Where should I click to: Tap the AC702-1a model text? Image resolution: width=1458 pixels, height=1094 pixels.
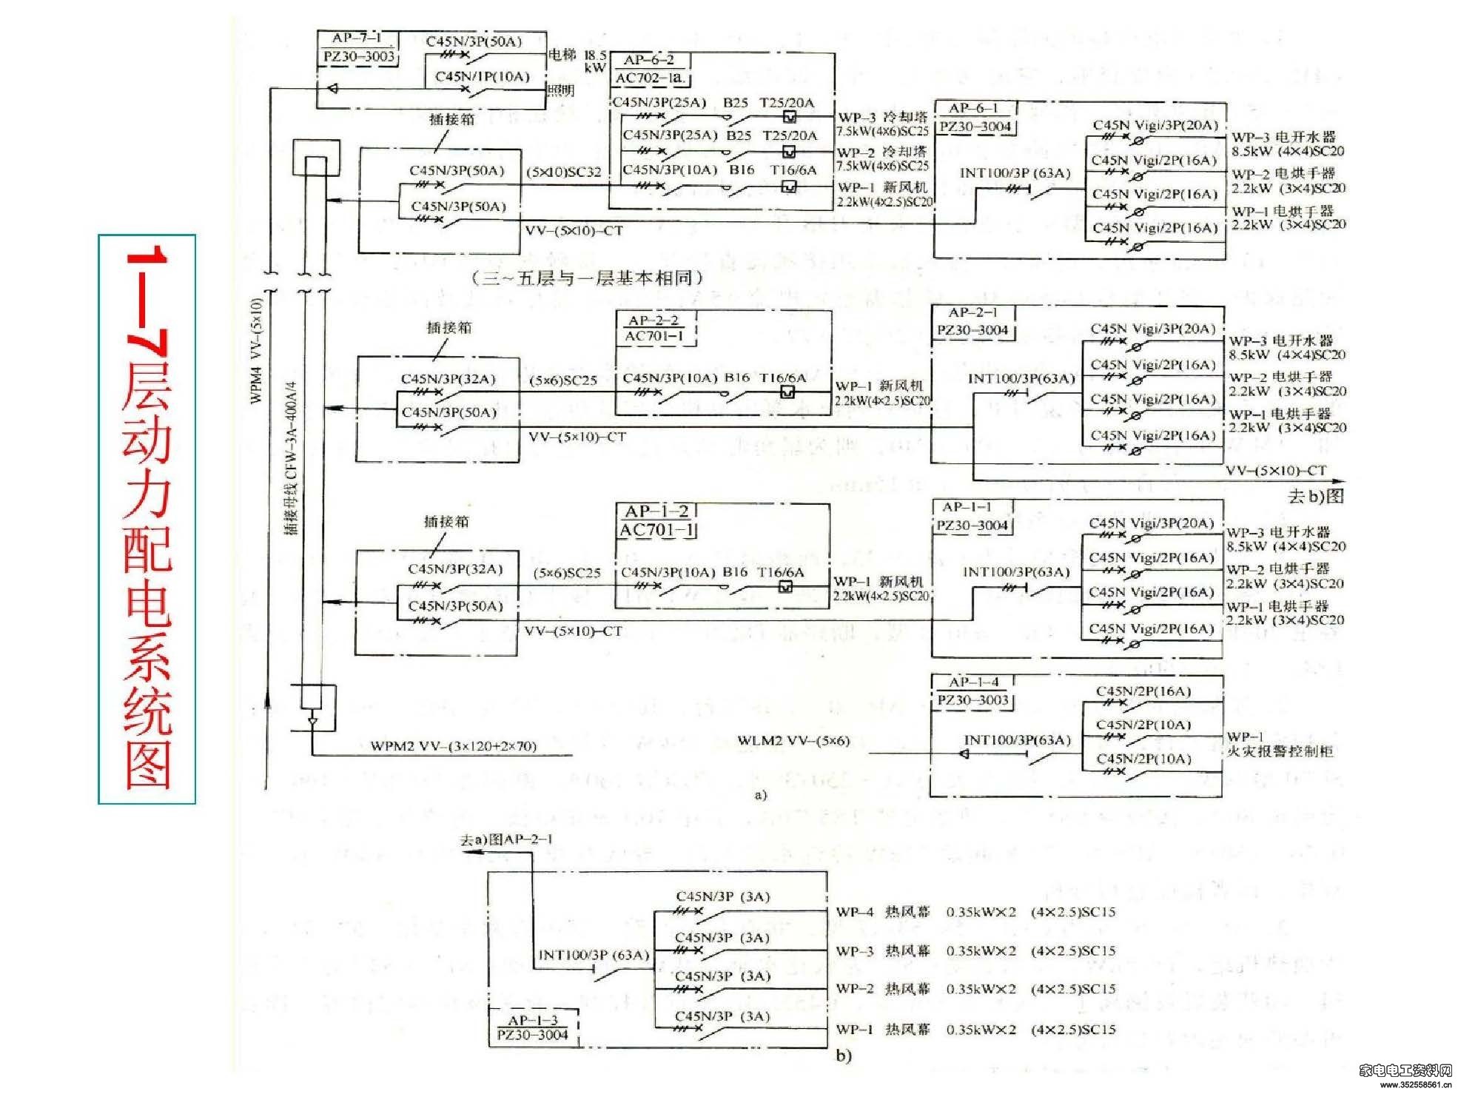[x=651, y=78]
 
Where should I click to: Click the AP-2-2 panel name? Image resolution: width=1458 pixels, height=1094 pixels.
[x=654, y=321]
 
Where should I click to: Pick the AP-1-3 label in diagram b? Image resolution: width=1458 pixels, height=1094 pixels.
[x=532, y=1020]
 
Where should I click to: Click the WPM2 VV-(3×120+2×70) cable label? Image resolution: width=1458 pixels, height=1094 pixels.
[x=453, y=745]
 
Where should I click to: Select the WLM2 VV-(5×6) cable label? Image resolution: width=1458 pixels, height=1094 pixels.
[x=793, y=740]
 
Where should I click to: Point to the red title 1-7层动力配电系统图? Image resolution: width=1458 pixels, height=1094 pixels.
[x=147, y=518]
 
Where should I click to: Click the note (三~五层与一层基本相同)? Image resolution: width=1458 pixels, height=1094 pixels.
[x=586, y=278]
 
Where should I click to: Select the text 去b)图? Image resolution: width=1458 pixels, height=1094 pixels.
[x=1315, y=496]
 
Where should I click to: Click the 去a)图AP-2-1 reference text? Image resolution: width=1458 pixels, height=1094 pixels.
[x=506, y=839]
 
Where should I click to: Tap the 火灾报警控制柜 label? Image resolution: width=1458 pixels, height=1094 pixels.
[x=1280, y=751]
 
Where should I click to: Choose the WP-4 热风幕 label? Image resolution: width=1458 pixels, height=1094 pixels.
[x=882, y=912]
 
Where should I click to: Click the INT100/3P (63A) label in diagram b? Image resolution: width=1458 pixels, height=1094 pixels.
[x=593, y=955]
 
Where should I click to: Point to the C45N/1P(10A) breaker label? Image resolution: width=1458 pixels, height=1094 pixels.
[x=482, y=76]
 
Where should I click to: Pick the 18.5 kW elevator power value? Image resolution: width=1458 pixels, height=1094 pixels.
[x=594, y=61]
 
